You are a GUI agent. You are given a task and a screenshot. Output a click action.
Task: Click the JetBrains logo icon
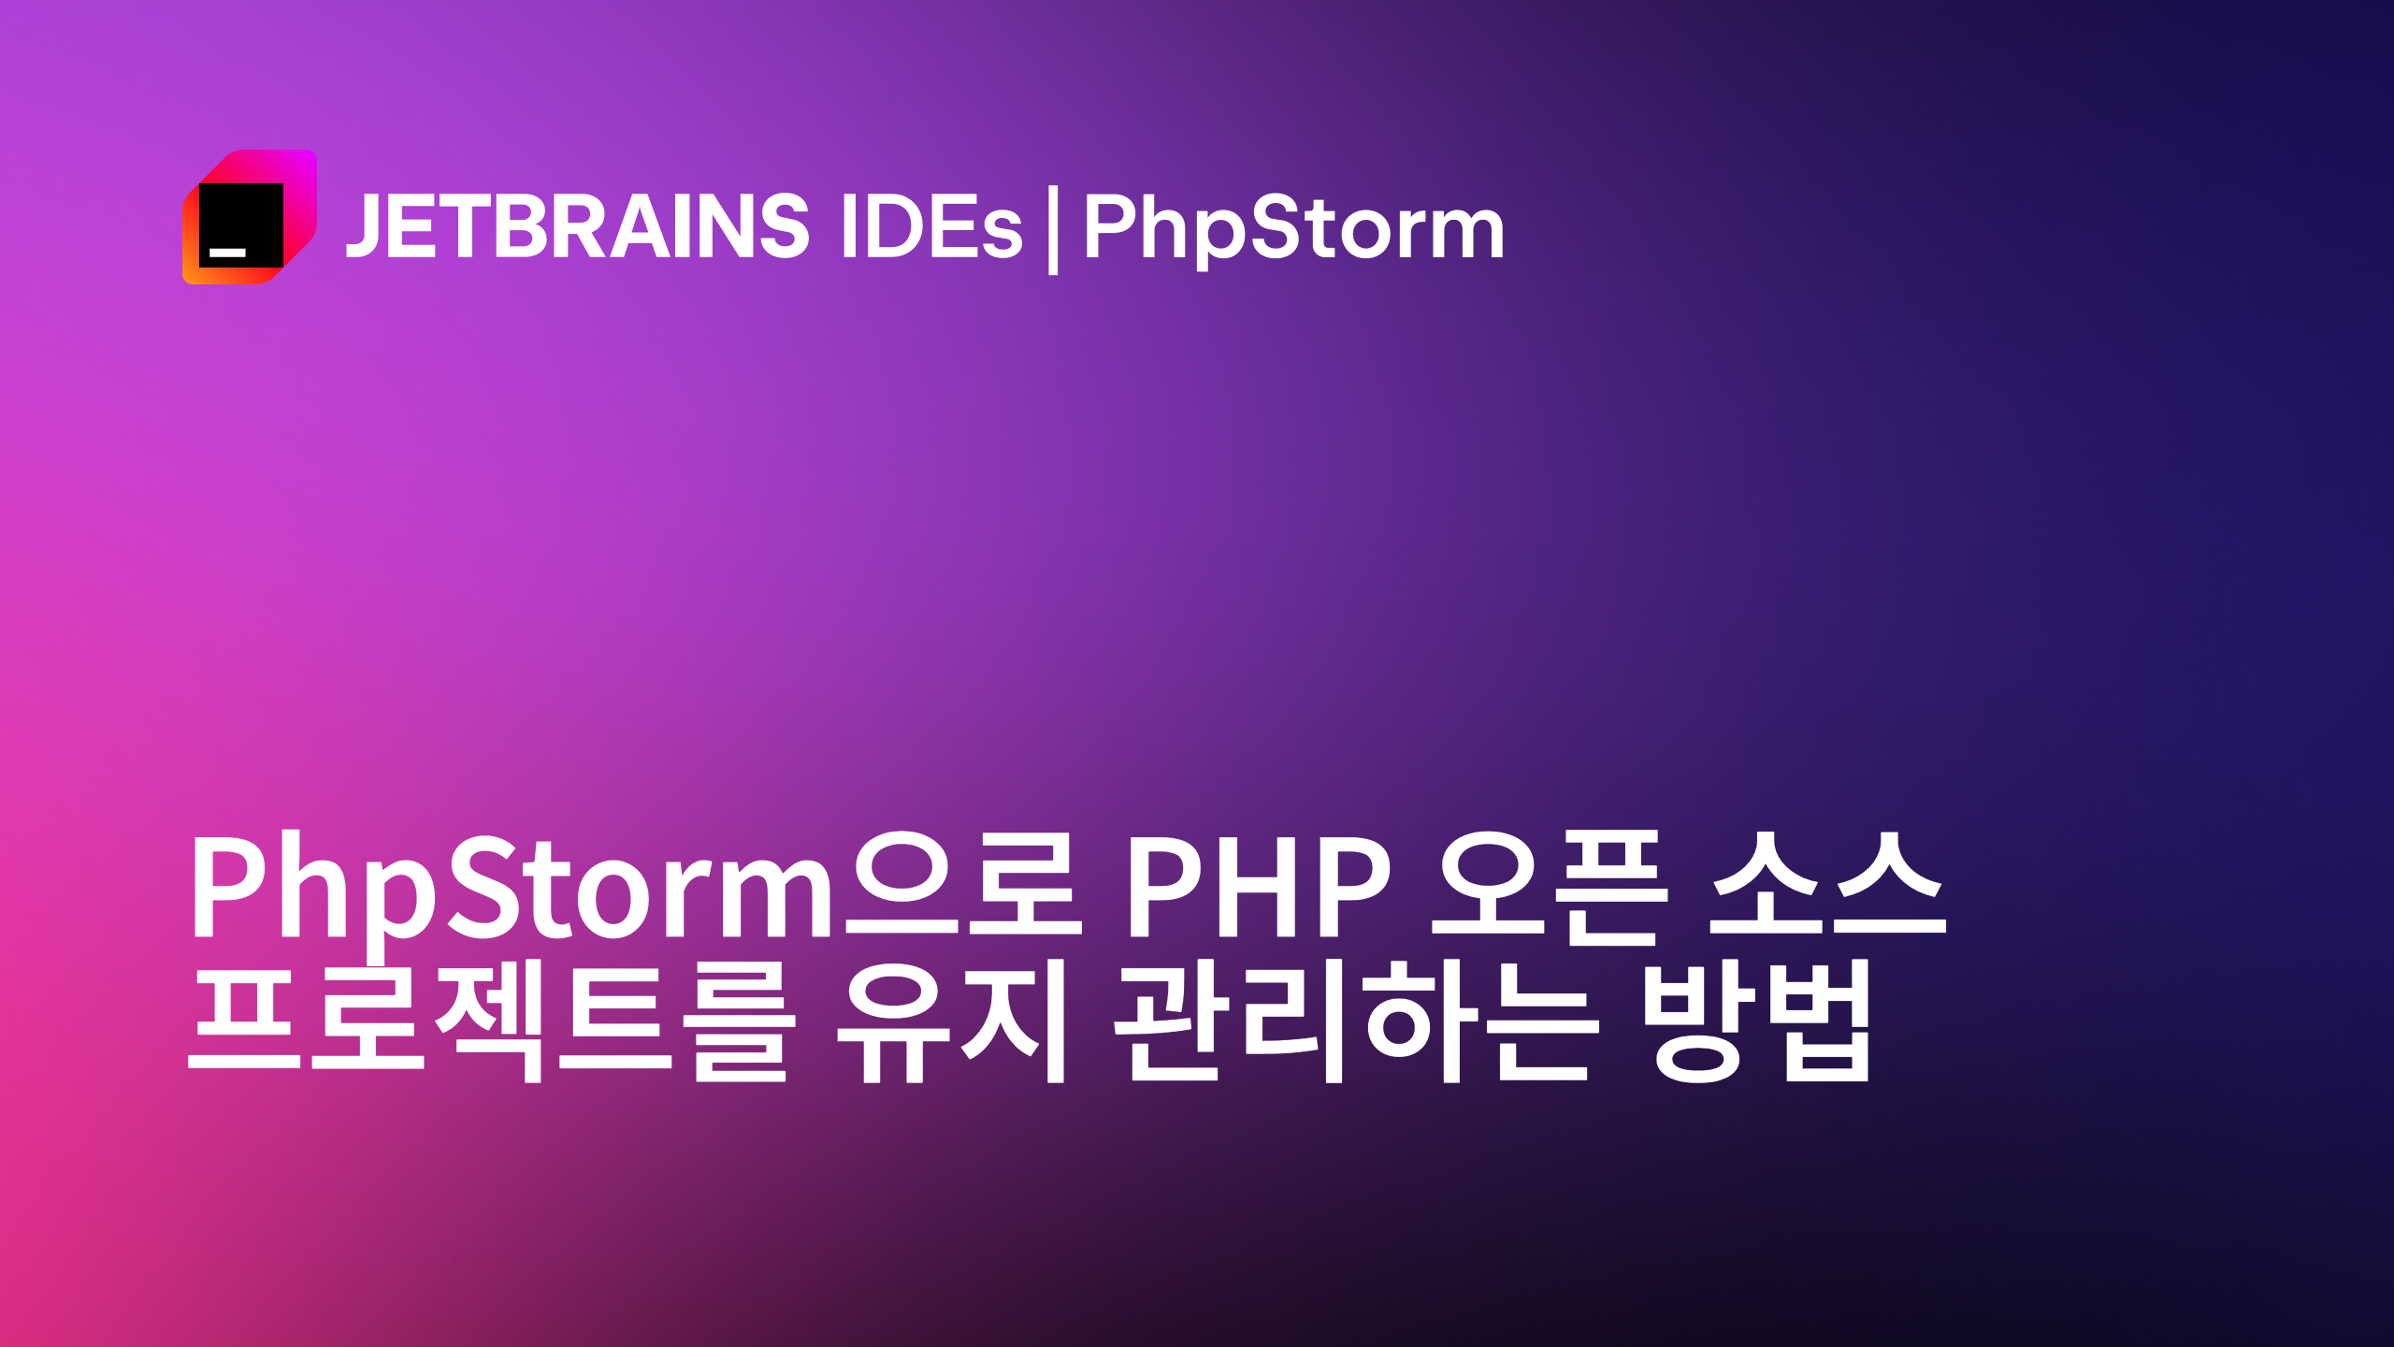(x=250, y=216)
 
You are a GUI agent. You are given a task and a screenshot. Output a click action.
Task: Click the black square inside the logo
(x=240, y=224)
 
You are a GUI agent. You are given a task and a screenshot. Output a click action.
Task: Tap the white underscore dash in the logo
(x=227, y=253)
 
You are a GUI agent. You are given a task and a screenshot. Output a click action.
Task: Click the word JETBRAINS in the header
(x=578, y=225)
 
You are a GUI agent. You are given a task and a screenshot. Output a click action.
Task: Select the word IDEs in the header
(x=931, y=225)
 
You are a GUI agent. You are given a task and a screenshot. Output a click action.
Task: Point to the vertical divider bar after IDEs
(x=1053, y=229)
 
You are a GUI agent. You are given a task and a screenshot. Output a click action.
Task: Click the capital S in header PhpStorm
(x=1278, y=225)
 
